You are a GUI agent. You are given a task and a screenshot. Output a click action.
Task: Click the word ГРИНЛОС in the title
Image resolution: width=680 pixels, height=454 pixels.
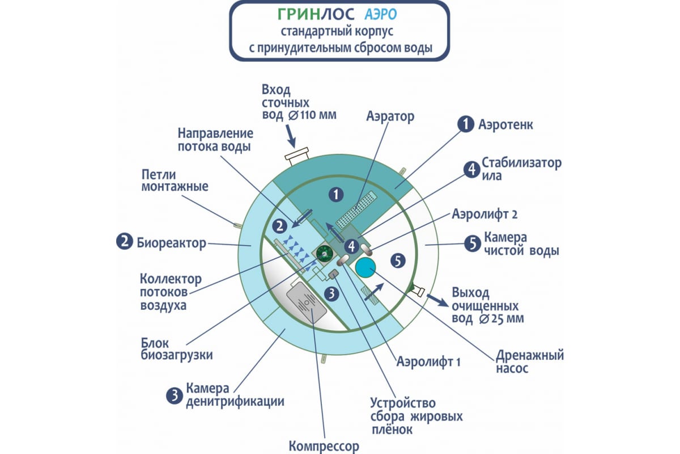pyautogui.click(x=316, y=14)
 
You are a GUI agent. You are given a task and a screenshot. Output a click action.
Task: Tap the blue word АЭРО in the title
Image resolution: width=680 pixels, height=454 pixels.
pyautogui.click(x=381, y=14)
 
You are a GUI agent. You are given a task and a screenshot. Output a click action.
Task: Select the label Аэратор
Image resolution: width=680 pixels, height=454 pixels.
pyautogui.click(x=390, y=116)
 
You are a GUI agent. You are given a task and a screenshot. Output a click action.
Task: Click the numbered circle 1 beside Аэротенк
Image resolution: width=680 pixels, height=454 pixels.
pyautogui.click(x=466, y=124)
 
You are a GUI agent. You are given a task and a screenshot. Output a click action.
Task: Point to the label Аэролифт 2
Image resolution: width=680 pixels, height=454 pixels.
pyautogui.click(x=484, y=214)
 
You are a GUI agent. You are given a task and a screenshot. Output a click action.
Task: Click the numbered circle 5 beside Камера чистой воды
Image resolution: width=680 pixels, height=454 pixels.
pyautogui.click(x=473, y=243)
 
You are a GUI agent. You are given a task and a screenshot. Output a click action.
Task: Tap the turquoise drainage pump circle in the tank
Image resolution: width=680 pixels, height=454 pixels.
pyautogui.click(x=365, y=267)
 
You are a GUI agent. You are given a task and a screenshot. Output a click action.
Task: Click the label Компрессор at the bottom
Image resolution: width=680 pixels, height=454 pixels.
pyautogui.click(x=324, y=447)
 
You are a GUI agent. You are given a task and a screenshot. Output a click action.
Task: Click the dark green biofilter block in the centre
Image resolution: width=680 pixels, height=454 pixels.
pyautogui.click(x=324, y=254)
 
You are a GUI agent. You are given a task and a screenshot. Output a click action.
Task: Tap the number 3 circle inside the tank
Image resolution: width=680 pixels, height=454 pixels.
pyautogui.click(x=331, y=294)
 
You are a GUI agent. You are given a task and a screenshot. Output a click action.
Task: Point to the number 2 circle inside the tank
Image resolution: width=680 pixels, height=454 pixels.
pyautogui.click(x=279, y=226)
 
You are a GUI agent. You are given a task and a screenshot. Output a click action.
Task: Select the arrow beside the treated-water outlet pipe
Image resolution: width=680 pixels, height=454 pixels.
pyautogui.click(x=437, y=300)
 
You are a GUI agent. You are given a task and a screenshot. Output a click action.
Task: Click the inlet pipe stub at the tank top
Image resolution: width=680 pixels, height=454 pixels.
pyautogui.click(x=297, y=156)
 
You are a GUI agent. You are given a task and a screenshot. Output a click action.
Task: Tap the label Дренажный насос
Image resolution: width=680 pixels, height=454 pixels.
pyautogui.click(x=530, y=361)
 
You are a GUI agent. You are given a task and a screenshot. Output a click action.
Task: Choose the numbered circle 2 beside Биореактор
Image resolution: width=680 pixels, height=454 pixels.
pyautogui.click(x=125, y=242)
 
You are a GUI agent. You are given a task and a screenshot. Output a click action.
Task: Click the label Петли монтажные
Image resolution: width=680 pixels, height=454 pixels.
pyautogui.click(x=175, y=180)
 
